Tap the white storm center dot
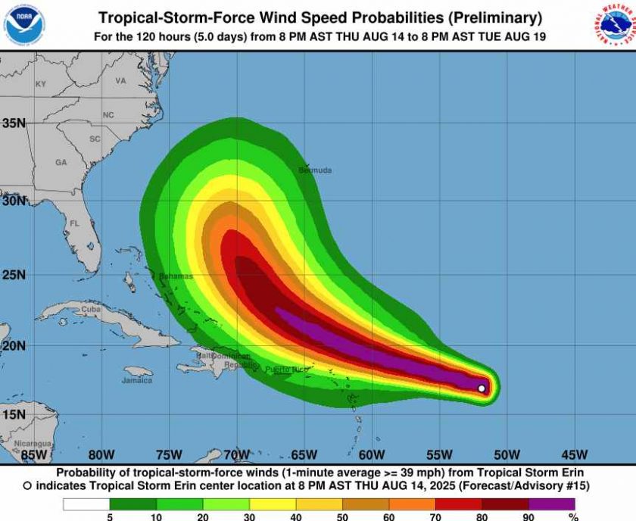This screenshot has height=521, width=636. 482,388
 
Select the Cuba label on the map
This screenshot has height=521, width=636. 91,309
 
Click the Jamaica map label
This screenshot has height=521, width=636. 137,380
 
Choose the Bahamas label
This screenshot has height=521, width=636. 176,276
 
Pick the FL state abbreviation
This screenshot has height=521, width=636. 74,224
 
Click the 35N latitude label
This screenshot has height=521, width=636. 14,123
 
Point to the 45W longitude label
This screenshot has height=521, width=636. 575,455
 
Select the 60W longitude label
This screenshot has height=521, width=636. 372,455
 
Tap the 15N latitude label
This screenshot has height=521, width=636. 14,414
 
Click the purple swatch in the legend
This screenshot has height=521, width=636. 551,504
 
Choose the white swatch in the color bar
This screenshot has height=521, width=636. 86,504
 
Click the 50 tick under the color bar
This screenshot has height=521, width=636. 342,517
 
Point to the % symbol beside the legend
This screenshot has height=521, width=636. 574,517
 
